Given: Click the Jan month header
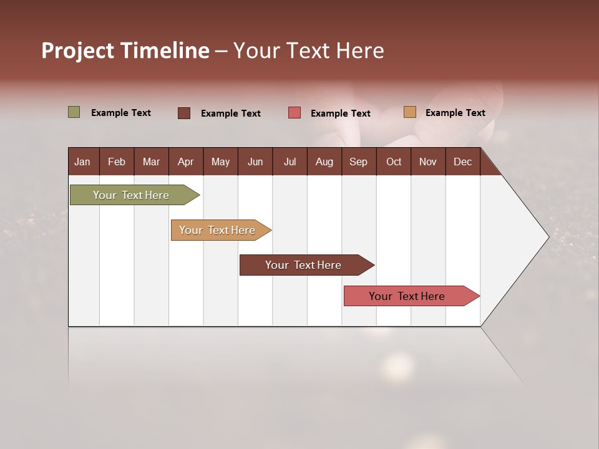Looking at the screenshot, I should point(82,162).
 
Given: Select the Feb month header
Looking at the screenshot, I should point(117,162).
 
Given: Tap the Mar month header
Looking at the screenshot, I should point(151,162).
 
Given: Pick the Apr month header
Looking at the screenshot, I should point(185,162).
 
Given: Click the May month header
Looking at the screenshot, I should point(220,162).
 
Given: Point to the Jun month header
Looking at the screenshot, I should point(255,162).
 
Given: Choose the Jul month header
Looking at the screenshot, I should point(290,162).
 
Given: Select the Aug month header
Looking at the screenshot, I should point(324,162).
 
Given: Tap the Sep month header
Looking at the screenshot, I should point(358,162).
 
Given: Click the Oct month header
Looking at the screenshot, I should point(394,162).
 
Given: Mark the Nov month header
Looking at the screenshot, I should point(428,162).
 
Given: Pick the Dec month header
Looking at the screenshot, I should point(462,162).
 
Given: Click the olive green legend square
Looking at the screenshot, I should point(74,112).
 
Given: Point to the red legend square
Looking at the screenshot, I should point(295,113).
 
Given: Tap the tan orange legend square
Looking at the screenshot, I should point(409,112).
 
